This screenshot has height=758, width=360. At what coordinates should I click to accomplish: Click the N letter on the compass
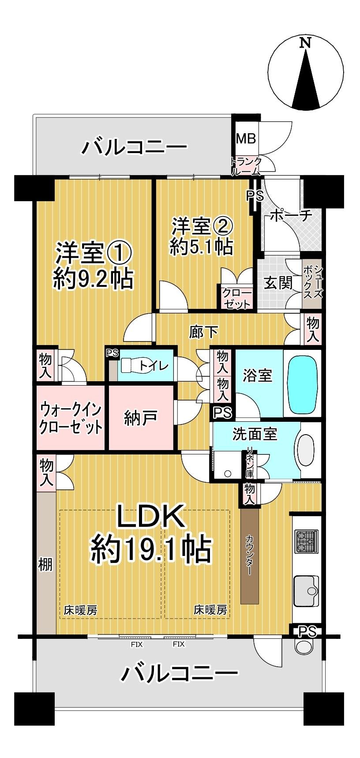(305, 43)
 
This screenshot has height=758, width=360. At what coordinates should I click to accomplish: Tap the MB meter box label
(245, 139)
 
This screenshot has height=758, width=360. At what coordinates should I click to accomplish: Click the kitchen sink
(306, 591)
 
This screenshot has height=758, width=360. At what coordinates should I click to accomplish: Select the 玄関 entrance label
(278, 282)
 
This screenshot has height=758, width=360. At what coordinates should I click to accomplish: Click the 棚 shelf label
(45, 564)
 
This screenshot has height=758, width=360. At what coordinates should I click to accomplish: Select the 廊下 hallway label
(203, 331)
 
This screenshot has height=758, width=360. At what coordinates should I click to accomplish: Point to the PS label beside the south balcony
(307, 632)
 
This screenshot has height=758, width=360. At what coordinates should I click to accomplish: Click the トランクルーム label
(246, 166)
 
